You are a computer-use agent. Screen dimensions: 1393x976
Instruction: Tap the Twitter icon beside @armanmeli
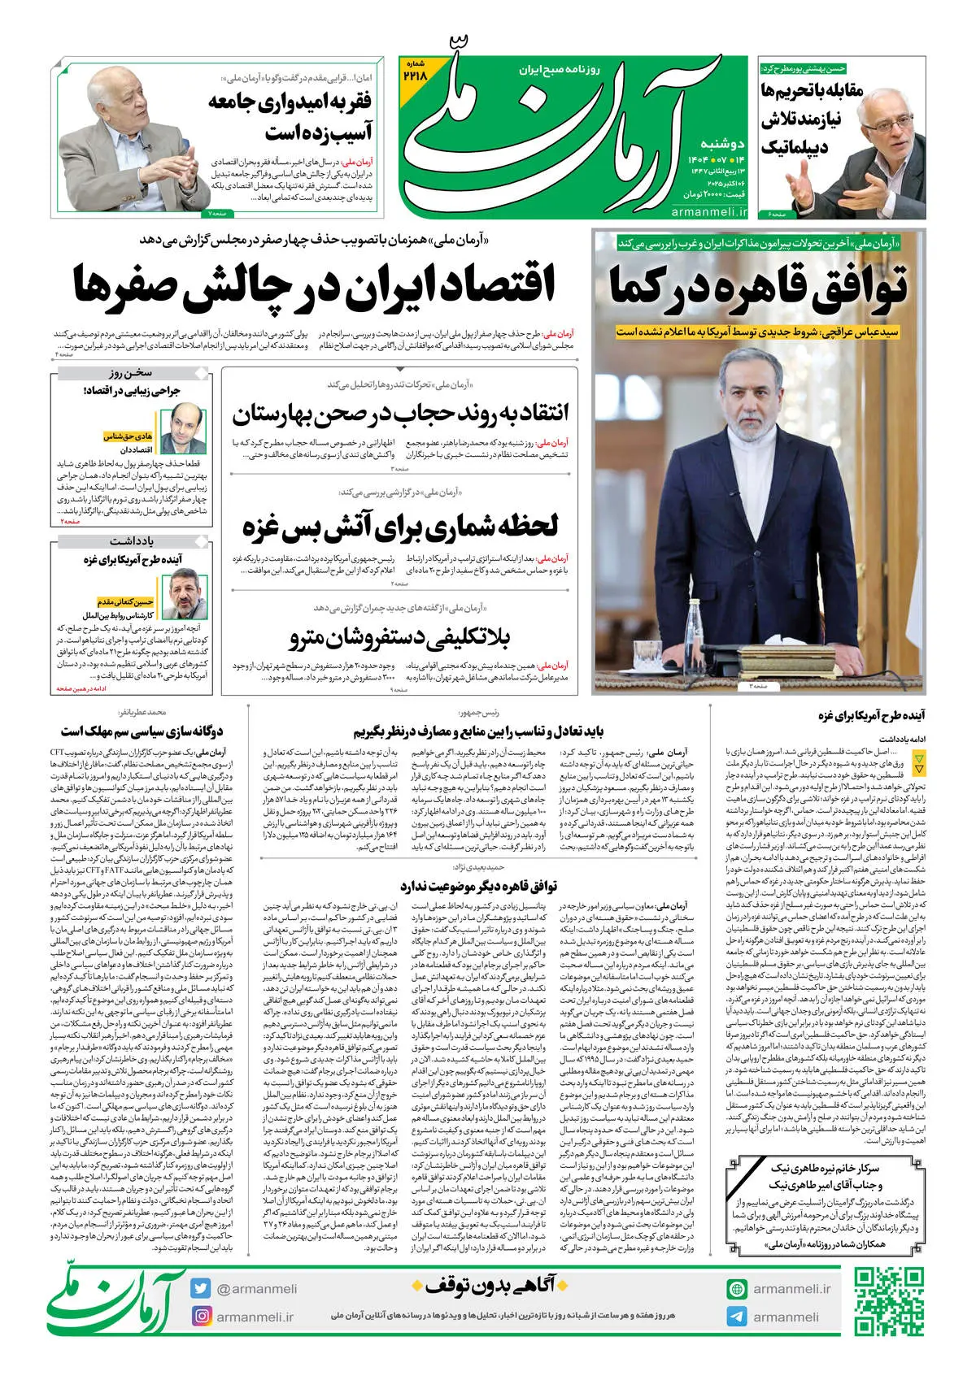pyautogui.click(x=201, y=1288)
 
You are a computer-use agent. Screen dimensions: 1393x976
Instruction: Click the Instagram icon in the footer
pyautogui.click(x=201, y=1316)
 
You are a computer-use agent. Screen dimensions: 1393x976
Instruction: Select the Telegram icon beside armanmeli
pyautogui.click(x=737, y=1317)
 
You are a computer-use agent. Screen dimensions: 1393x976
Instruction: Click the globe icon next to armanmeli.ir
pyautogui.click(x=737, y=1288)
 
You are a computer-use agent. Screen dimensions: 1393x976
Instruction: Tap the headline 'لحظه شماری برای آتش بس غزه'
pyautogui.click(x=400, y=527)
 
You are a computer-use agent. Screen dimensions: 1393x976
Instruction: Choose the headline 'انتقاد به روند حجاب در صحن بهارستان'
pyautogui.click(x=400, y=414)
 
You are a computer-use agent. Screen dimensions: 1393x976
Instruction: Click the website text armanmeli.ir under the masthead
pyautogui.click(x=709, y=211)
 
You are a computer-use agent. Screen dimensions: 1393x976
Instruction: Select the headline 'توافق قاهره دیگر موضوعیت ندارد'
pyautogui.click(x=478, y=885)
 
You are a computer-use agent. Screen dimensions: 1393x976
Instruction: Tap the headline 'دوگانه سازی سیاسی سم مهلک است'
pyautogui.click(x=142, y=731)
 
